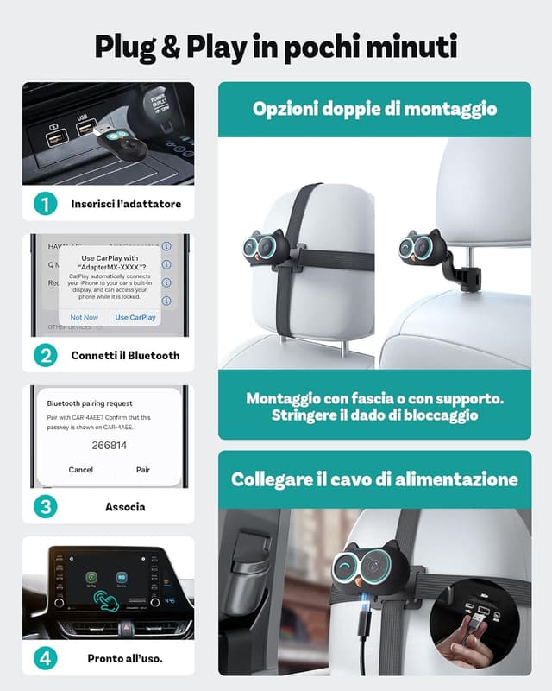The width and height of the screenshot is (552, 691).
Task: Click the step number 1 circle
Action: tap(46, 205)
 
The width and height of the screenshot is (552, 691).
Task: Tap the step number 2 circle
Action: tap(46, 355)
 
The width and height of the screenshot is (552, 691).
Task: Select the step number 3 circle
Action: tap(46, 507)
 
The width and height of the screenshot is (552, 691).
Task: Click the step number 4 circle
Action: tap(46, 658)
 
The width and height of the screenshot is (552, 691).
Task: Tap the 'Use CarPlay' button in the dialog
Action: tap(135, 317)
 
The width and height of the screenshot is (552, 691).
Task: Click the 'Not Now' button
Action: tap(85, 317)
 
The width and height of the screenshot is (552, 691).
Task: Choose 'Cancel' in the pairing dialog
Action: tap(81, 470)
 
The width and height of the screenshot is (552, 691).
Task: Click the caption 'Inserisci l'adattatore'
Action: tap(126, 205)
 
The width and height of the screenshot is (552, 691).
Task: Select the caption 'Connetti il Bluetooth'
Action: tap(126, 355)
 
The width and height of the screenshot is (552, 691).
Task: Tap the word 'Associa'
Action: tap(126, 507)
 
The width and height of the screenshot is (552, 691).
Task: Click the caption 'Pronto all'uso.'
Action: tap(126, 658)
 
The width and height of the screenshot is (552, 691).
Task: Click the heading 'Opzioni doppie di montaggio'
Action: tap(374, 110)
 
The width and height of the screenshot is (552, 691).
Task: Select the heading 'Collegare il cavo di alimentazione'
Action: tap(374, 479)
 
